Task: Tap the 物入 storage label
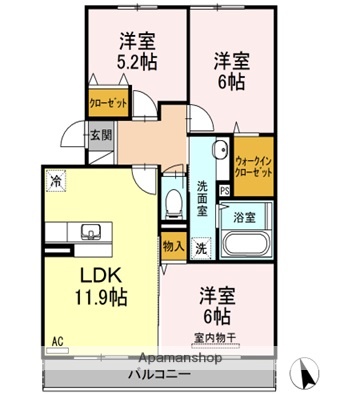[172, 245]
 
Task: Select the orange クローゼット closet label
[106, 101]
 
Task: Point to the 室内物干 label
[218, 337]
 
